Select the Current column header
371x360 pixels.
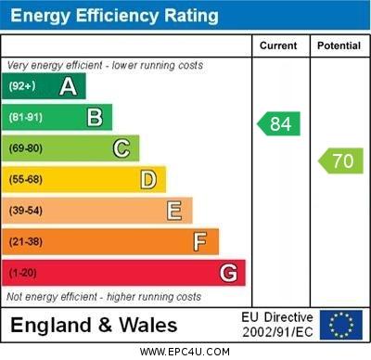(x=278, y=45)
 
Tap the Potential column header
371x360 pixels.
(x=339, y=45)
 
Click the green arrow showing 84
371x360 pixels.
(x=279, y=123)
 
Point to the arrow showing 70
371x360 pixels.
(x=340, y=161)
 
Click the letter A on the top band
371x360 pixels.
(x=68, y=86)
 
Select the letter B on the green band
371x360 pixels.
(x=95, y=117)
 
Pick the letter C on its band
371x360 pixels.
(x=121, y=148)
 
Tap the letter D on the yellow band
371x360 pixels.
(x=147, y=179)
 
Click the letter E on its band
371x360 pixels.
(x=173, y=211)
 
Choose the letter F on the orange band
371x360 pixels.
(x=199, y=241)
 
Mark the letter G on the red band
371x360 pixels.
(x=227, y=273)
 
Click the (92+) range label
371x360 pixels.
(x=22, y=86)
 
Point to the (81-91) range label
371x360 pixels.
(x=26, y=118)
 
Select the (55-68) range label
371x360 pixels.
(x=26, y=180)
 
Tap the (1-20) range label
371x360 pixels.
(x=23, y=274)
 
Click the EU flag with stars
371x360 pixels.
(x=340, y=325)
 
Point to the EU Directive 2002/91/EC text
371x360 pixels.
(x=277, y=325)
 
